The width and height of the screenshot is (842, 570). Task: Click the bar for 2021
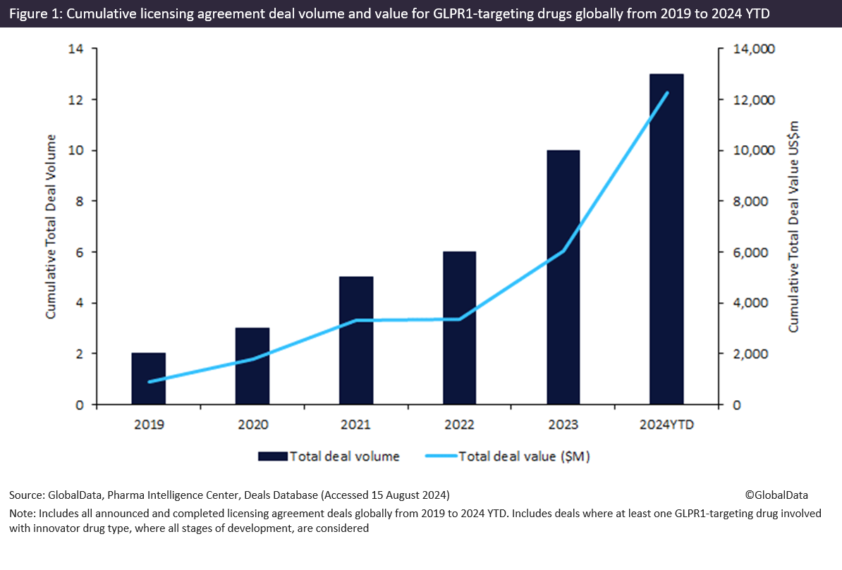pos(356,341)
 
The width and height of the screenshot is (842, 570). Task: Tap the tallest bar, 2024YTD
pos(666,240)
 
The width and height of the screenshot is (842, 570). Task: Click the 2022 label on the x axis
pos(459,424)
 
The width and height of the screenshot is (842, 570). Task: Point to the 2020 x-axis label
pos(252,424)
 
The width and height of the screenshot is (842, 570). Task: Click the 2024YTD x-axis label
pos(666,424)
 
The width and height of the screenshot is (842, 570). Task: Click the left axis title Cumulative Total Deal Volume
pos(51,227)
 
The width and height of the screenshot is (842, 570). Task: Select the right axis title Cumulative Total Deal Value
pos(794,227)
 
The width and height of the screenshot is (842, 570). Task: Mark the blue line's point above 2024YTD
pos(666,92)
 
